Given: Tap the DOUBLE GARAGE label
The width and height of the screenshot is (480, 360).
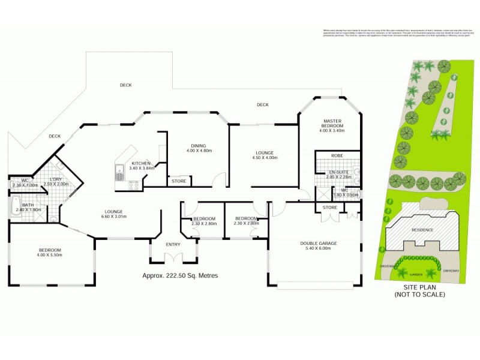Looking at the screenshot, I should coord(319,244).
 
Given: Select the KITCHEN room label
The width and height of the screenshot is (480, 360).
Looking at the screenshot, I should coord(141,163).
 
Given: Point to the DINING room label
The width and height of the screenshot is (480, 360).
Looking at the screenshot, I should coord(198,145).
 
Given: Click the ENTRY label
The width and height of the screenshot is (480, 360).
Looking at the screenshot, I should coord(173,244).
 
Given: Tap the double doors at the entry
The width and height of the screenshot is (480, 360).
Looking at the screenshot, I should coord(173,258).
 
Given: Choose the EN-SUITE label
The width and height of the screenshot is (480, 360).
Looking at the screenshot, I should coord(337,172).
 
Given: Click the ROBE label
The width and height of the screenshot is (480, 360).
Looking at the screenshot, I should coord(337,155).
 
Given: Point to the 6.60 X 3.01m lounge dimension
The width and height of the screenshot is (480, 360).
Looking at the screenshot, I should coord(114,218).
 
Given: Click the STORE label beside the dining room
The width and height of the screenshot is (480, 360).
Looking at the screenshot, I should coord(179,181).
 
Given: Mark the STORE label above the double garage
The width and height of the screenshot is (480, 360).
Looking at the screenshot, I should coord(330,208).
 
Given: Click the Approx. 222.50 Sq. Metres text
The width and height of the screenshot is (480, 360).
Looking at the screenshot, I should coord(180,275).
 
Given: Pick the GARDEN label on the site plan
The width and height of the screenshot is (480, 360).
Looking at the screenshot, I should coord(415,274).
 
